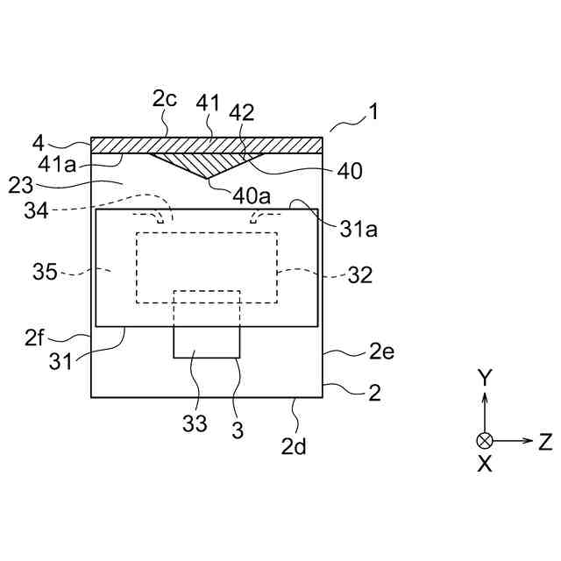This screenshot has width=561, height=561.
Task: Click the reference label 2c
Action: pos(165,99)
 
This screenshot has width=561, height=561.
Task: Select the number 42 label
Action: pos(243,112)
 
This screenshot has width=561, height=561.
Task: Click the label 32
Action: pos(359,274)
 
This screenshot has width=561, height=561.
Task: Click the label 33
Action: pos(195,425)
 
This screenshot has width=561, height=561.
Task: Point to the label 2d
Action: pos(294,446)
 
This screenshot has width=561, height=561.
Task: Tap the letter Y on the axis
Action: pos(484,378)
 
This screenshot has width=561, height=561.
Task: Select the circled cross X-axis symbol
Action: pos(484,440)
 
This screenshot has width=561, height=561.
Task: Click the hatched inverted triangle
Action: pos(207,162)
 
